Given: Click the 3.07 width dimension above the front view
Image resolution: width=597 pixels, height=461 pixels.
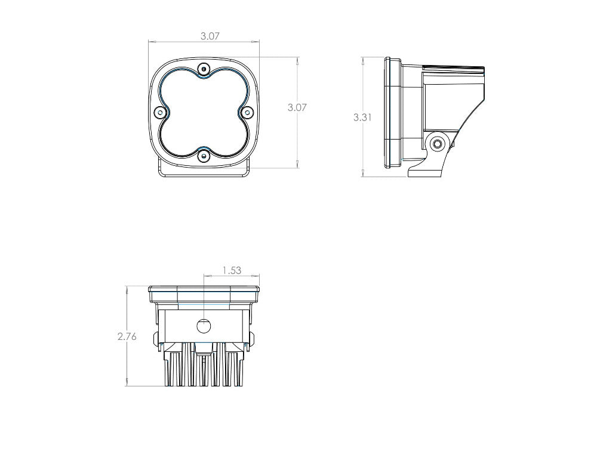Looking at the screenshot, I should point(210,36).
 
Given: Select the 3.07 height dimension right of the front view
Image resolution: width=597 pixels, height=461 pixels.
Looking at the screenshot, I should point(297,108).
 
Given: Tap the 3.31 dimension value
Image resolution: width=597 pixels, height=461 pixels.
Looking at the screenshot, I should point(362,117).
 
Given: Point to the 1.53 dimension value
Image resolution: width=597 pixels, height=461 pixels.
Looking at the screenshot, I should point(232,270).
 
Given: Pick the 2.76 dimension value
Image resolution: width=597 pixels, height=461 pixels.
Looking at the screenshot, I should point(127,336).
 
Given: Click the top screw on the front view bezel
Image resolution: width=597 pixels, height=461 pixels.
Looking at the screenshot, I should point(204,69).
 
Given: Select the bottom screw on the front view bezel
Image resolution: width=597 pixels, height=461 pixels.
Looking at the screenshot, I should point(204,156).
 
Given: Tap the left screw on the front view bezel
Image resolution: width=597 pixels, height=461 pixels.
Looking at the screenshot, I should point(159,113).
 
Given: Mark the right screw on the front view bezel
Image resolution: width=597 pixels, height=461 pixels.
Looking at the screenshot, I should point(248,112).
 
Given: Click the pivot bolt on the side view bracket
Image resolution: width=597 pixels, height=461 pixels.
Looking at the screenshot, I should point(438,143).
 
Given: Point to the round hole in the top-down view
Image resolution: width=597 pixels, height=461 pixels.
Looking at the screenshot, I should point(204,326).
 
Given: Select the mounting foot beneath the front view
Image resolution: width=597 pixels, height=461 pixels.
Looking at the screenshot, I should point(204,172).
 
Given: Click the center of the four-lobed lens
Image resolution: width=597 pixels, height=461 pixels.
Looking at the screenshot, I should point(204,113).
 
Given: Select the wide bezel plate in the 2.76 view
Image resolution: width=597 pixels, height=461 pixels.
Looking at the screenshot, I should point(204,293).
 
